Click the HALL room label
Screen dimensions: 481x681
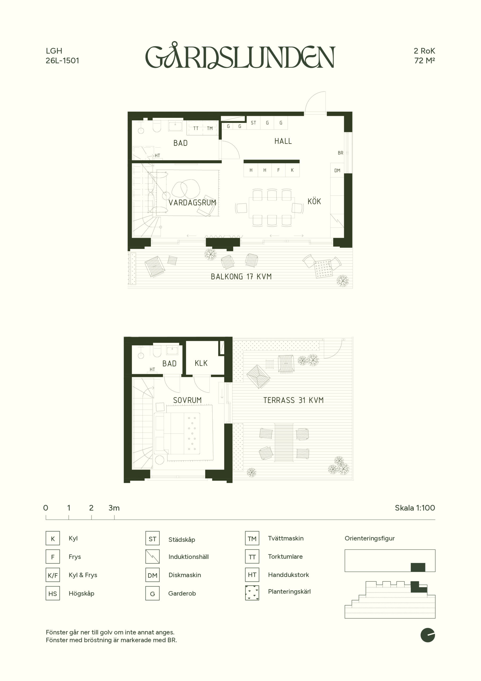pos(283,141)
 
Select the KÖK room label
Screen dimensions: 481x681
pos(314,201)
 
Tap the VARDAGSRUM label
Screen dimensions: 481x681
pos(192,203)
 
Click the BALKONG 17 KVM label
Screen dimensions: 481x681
pos(241,276)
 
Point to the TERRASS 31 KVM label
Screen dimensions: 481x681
pos(293,400)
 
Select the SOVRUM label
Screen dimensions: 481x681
pos(187,400)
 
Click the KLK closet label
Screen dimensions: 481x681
pos(201,363)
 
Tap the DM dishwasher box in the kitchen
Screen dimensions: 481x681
pos(337,170)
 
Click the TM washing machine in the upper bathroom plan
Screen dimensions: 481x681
pos(210,128)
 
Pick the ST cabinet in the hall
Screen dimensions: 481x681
pos(254,123)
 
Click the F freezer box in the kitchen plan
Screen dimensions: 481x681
pos(278,170)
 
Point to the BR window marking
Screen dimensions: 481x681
pos(340,153)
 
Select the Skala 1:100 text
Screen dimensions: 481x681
pos(415,508)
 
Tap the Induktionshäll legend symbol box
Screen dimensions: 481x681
pos(152,557)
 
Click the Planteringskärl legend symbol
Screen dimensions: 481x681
pos(252,593)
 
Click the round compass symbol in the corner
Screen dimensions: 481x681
pos(428,635)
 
